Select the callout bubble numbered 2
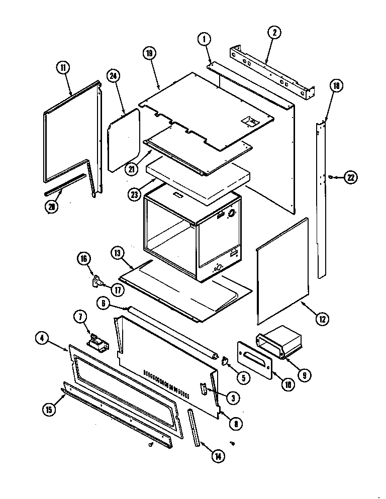(274, 34)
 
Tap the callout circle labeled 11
(64, 69)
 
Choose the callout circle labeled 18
(336, 86)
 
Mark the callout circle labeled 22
(351, 176)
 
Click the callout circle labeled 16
(83, 259)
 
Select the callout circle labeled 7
(80, 317)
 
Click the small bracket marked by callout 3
(204, 389)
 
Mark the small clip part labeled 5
(225, 361)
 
